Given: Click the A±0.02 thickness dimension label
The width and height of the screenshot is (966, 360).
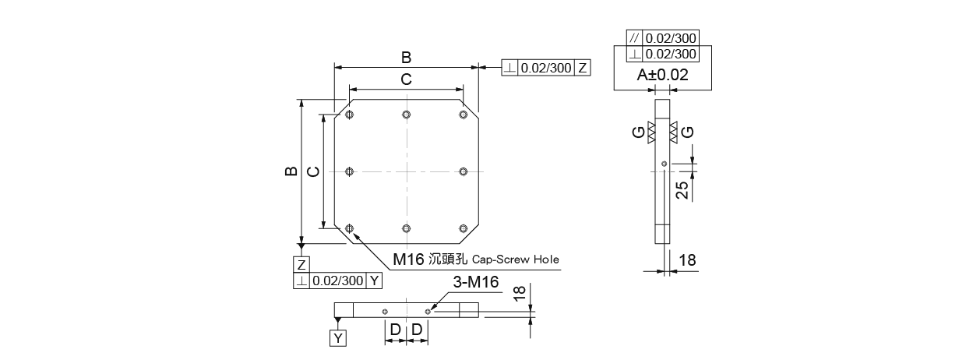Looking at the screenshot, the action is point(662,75).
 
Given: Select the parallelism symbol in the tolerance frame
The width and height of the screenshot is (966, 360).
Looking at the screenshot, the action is point(634,38).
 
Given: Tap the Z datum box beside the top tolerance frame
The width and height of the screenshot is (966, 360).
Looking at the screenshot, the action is point(583,68).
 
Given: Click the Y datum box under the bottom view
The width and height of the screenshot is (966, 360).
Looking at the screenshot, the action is point(338,337).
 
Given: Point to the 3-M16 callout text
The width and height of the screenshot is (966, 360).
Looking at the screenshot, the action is point(476,282).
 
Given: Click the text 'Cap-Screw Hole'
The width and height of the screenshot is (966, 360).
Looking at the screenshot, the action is point(516,259).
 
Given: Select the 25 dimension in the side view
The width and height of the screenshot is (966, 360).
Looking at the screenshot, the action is point(682,190).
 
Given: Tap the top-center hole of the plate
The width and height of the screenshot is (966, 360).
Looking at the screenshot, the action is point(406,115).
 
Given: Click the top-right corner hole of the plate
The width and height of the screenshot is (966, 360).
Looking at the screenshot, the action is point(464,115).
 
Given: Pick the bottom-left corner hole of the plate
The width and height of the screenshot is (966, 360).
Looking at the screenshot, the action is point(349,228).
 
